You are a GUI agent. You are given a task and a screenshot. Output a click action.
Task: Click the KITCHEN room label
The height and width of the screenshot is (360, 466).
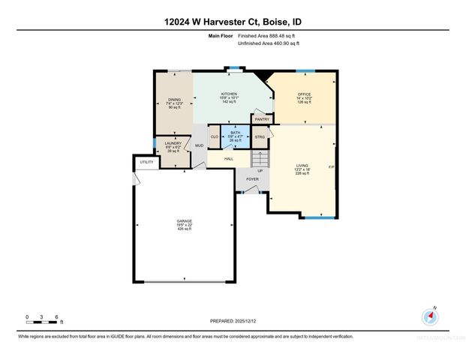coord(229,94)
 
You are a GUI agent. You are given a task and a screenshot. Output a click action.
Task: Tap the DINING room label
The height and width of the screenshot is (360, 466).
coord(174,100)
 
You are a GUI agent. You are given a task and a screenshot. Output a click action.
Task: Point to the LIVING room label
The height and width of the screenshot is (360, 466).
coord(302,167)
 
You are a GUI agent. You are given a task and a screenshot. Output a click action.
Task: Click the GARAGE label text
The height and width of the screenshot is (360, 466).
coord(184,223)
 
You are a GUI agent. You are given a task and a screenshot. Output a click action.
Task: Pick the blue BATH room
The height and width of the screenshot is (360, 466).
coord(236,136)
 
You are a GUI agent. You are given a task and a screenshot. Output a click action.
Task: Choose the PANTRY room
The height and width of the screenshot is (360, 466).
coord(262,118)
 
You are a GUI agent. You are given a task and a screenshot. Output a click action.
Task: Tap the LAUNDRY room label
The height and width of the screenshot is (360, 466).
coord(173,142)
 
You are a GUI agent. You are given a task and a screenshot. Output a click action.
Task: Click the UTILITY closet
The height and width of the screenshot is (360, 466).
coord(146,161)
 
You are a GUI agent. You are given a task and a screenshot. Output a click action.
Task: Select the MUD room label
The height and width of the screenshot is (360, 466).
coord(199,145)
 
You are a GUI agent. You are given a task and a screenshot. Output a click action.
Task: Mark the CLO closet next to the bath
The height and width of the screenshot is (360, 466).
coord(214,136)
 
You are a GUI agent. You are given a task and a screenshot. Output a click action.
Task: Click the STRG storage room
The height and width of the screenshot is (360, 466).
coord(260,136)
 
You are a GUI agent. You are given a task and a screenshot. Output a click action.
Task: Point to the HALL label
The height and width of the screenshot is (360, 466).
coord(228,158)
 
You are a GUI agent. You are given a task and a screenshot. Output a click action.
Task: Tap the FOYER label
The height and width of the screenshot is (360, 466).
coord(252,178)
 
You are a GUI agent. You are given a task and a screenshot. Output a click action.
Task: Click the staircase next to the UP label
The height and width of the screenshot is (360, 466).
coord(260,159)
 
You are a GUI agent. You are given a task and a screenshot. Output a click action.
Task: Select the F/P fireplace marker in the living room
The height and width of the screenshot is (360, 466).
coord(331,166)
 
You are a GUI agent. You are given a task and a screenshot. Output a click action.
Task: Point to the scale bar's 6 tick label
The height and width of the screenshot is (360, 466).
coord(58,317)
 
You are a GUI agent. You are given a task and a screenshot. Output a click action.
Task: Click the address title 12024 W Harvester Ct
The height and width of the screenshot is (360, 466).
coord(233,22)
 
